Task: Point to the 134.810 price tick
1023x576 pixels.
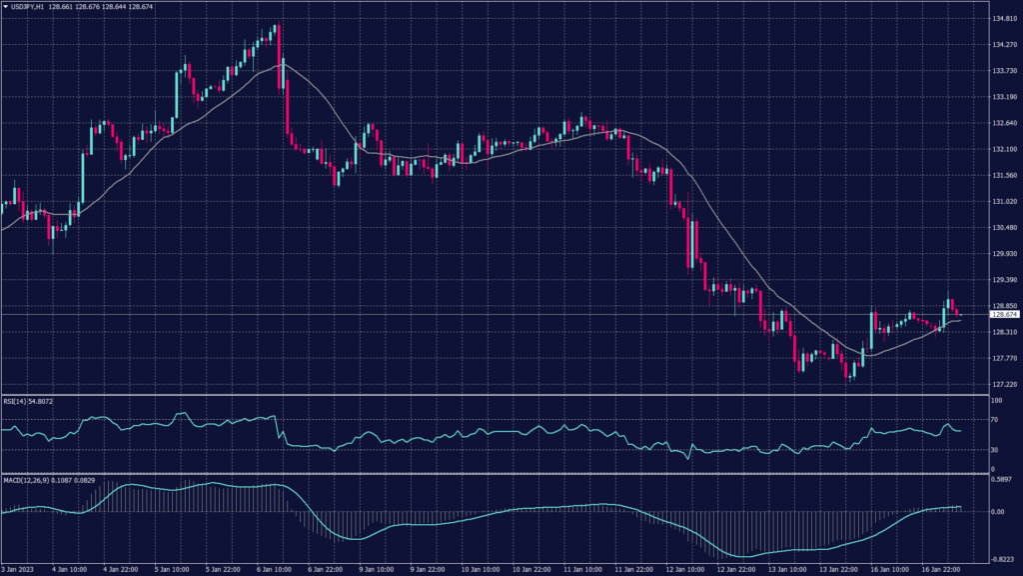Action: pos(1003,19)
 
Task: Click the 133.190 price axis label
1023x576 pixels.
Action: pos(1003,97)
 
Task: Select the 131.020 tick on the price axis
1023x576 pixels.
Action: pos(1003,201)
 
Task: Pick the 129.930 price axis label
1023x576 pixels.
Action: pos(1003,254)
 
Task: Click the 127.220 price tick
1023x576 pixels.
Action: pos(1003,384)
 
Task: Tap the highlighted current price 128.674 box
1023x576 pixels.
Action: pos(1003,315)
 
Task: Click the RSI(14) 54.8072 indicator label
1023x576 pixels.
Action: pos(28,401)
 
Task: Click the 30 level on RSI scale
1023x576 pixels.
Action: pos(994,450)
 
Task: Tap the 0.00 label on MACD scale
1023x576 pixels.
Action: pos(997,511)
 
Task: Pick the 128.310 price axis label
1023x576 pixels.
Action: pos(1003,332)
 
